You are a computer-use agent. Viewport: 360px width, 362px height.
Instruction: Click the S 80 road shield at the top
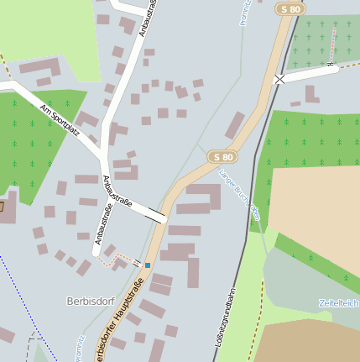click(290, 9)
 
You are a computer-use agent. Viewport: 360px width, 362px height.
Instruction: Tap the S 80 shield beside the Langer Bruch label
click(222, 157)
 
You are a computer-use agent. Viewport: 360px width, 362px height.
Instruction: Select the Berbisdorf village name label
click(89, 301)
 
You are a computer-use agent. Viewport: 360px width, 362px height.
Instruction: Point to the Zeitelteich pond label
click(339, 302)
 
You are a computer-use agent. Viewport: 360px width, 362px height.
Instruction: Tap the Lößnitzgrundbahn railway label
click(225, 317)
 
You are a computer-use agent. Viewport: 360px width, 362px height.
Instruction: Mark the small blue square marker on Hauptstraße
click(148, 265)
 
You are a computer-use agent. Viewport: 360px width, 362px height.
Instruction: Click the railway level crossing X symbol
click(279, 79)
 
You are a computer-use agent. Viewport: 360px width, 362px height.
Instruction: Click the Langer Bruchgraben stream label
click(239, 195)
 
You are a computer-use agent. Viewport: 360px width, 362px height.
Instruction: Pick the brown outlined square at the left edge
click(2, 206)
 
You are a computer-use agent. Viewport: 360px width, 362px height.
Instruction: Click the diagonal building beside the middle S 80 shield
click(235, 125)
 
